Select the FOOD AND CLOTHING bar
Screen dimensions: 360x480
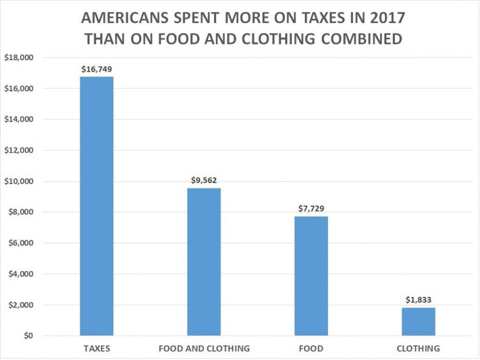(x=204, y=261)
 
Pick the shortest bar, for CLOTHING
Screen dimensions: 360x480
(x=418, y=321)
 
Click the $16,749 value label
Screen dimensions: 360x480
(x=97, y=69)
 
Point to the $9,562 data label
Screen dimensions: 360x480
(x=204, y=181)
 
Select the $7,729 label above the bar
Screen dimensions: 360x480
(x=311, y=209)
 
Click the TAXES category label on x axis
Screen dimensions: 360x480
(x=97, y=349)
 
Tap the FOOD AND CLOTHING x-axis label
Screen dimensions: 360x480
(x=204, y=349)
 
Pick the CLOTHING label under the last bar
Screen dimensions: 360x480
(x=418, y=349)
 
